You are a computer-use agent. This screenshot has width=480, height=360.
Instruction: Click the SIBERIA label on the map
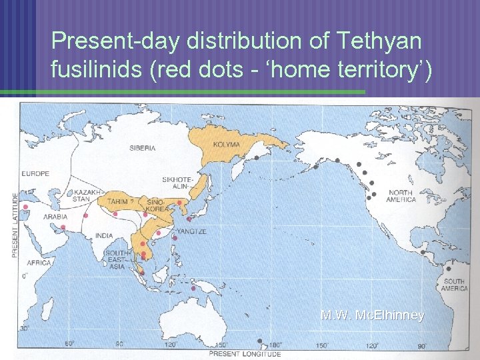click(x=142, y=147)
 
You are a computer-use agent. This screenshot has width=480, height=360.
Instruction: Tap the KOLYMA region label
click(x=225, y=144)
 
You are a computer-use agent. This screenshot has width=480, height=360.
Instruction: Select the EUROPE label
click(x=35, y=174)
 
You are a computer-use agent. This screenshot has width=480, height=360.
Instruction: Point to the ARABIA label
click(x=56, y=217)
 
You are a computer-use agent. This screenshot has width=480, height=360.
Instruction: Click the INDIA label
click(x=105, y=235)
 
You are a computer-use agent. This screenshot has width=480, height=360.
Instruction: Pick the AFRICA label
click(x=39, y=263)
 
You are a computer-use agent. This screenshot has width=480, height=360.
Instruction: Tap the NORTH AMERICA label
click(x=401, y=196)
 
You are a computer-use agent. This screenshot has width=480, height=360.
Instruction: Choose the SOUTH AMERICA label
click(x=454, y=285)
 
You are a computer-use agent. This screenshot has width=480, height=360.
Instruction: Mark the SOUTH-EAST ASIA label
click(x=118, y=260)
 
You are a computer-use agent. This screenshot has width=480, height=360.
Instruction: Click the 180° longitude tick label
click(x=275, y=345)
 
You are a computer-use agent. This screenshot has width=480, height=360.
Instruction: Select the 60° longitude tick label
click(x=69, y=344)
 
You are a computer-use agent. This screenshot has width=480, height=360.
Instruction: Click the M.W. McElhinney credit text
click(x=372, y=315)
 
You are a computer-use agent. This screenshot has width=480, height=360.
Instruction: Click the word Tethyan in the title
click(x=380, y=41)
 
